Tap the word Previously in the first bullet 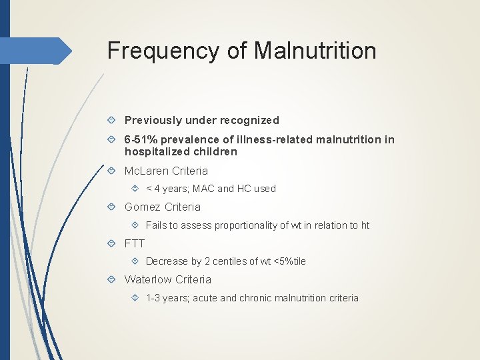click(153, 121)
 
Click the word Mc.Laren click(147, 171)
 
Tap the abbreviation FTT click(135, 243)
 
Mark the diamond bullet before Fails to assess click(136, 225)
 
